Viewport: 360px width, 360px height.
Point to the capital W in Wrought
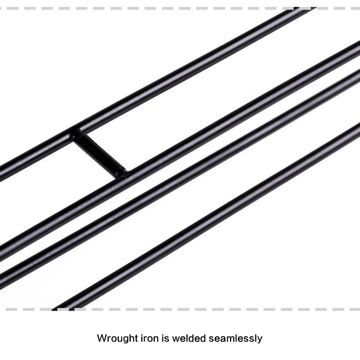(102, 338)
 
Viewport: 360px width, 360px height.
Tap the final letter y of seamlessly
(260, 339)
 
